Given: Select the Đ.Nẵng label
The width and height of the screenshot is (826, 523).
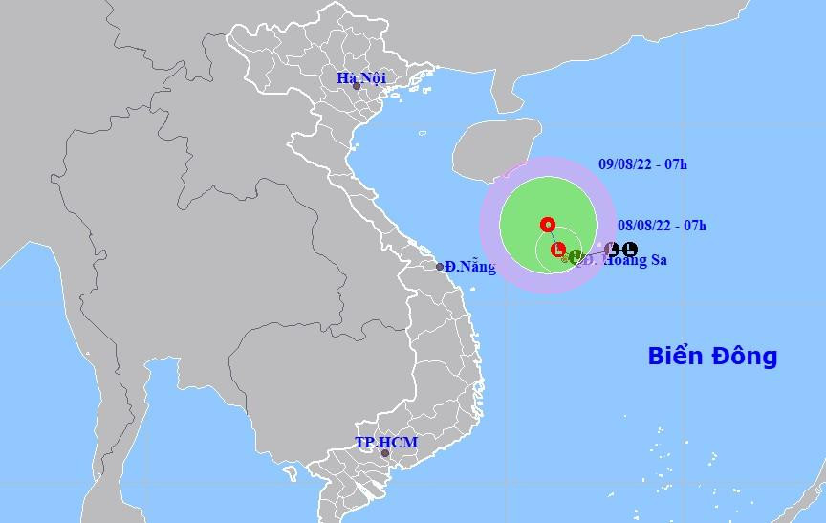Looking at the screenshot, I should pos(471,267).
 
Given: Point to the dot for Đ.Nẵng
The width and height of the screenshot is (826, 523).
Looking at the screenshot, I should pos(440,267).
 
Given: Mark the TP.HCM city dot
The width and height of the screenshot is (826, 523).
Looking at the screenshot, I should pos(384,454).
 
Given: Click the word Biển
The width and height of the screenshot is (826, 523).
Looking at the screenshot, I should pos(675,357).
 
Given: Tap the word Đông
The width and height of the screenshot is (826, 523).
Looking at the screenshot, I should pos(745,357).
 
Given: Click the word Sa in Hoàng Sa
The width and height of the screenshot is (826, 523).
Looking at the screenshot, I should pos(657,260).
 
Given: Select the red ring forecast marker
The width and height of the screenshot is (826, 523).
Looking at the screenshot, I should pos(548,226).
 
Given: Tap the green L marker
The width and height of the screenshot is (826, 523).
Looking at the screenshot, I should pos(575,255).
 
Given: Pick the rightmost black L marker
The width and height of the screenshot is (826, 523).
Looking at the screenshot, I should pos(629,250).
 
